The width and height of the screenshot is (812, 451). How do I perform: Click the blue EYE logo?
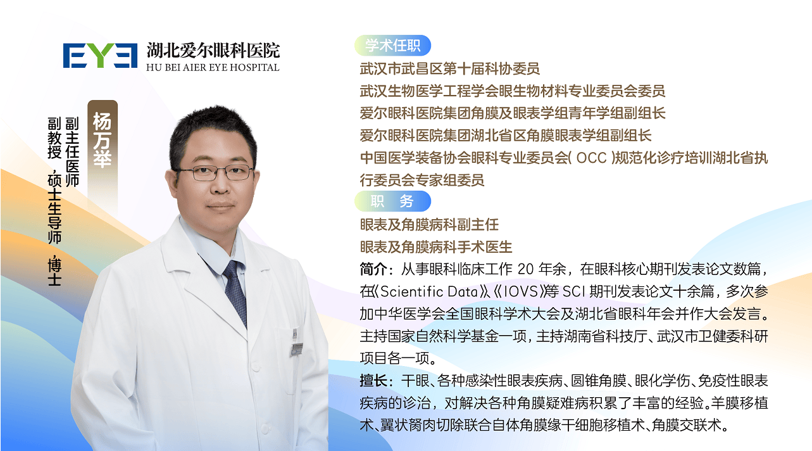coord(100,56)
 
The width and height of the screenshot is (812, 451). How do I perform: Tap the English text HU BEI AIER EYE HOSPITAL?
coord(213,68)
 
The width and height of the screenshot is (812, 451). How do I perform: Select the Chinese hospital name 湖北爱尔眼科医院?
coord(213,50)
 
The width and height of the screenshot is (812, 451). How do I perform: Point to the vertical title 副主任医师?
coord(72,152)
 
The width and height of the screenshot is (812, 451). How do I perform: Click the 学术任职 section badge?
coord(392,46)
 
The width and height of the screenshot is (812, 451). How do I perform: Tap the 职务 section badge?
coord(392,201)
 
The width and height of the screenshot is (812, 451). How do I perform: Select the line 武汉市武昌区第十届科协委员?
coord(449,68)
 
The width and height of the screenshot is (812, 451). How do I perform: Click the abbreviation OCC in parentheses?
coord(592,158)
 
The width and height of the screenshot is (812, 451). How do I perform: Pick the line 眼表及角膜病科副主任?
coord(429,225)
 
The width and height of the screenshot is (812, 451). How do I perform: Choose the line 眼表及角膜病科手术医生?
coord(436,247)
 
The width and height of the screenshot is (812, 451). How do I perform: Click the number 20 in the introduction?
coord(526,269)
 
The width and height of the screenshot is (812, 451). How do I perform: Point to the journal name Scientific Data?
coord(429,292)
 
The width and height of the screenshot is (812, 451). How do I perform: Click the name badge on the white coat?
coord(297,348)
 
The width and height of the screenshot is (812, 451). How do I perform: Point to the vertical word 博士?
coord(54,272)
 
